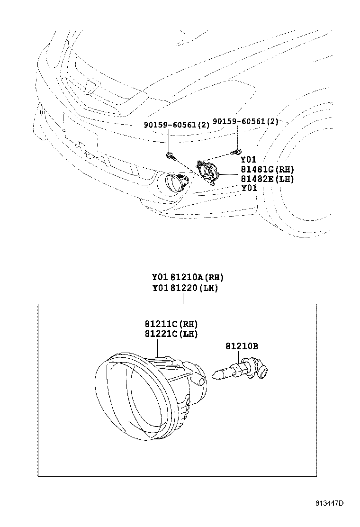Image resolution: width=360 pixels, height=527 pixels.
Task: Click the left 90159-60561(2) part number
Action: (x=177, y=125)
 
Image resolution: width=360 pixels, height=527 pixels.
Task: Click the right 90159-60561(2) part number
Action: (x=246, y=121)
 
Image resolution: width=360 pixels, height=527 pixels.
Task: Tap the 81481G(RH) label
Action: (x=267, y=169)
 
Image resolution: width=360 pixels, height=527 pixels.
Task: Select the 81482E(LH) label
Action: (x=267, y=179)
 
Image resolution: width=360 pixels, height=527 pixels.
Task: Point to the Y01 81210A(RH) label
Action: (x=188, y=277)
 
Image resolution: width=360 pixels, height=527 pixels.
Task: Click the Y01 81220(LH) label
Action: (x=185, y=288)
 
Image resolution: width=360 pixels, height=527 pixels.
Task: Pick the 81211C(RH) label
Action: (x=171, y=324)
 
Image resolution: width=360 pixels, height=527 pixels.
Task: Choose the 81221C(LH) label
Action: (x=171, y=334)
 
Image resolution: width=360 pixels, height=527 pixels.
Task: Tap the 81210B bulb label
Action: (x=242, y=346)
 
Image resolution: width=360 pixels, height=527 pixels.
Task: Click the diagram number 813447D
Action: (x=329, y=503)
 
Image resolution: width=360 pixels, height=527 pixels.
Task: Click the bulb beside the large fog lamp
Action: (x=241, y=371)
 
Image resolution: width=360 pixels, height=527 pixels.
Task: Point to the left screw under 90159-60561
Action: (x=171, y=155)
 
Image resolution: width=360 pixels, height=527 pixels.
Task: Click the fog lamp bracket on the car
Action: (x=207, y=172)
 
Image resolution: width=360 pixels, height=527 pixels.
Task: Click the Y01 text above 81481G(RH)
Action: (x=249, y=160)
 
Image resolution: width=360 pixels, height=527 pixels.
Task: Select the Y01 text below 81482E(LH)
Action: (x=249, y=188)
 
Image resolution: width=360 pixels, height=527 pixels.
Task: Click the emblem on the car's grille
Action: (x=92, y=86)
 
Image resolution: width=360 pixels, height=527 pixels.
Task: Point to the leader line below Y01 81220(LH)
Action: (x=183, y=299)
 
